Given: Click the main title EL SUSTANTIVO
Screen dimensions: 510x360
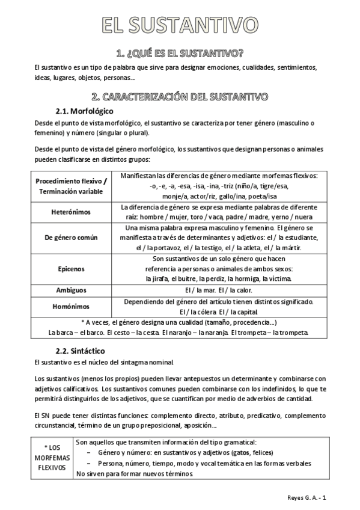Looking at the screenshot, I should tap(180, 25).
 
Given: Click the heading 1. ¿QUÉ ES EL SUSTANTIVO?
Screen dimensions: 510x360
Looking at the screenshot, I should tap(180, 53).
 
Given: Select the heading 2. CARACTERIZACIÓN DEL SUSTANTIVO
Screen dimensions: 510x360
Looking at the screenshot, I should tap(180, 96).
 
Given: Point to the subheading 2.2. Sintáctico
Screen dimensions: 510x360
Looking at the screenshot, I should tap(81, 350).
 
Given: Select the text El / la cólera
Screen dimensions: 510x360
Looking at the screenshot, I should tap(199, 312).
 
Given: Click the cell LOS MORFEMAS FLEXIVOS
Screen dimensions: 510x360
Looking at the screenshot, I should tap(52, 458).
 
